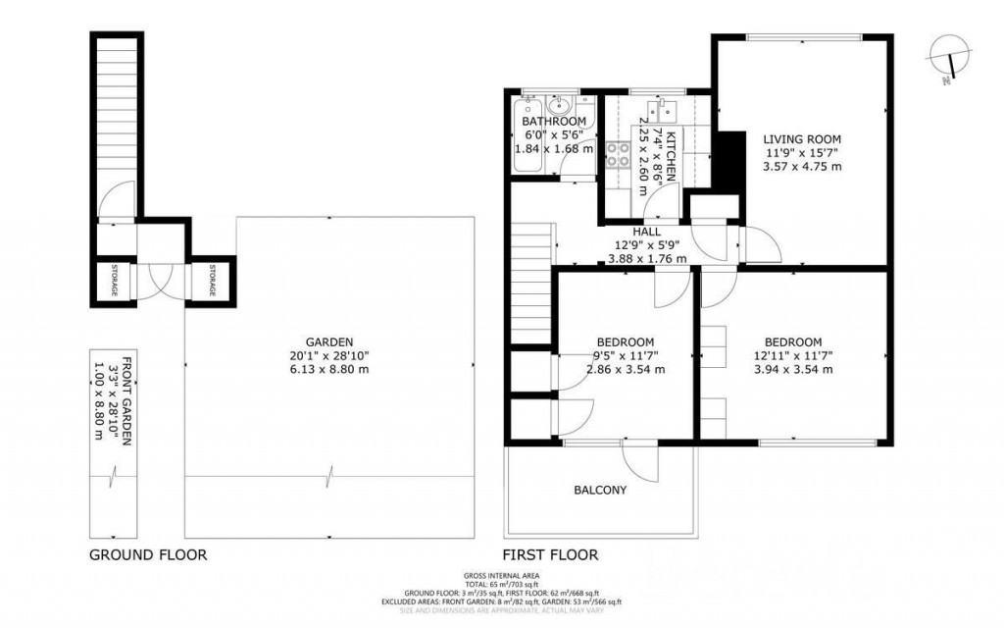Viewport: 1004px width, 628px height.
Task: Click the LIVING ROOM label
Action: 801,139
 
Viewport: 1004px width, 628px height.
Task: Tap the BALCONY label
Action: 600,490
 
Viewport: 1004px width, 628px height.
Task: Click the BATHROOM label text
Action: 554,121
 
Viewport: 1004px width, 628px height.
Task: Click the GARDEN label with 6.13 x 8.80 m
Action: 328,342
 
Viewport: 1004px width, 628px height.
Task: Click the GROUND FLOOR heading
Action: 148,554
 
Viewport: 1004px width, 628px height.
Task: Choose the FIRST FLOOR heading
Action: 550,554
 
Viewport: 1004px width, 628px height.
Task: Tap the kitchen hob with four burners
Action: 619,154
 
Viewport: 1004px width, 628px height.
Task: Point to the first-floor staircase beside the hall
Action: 527,285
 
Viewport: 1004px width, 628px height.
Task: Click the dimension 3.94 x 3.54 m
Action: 793,370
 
